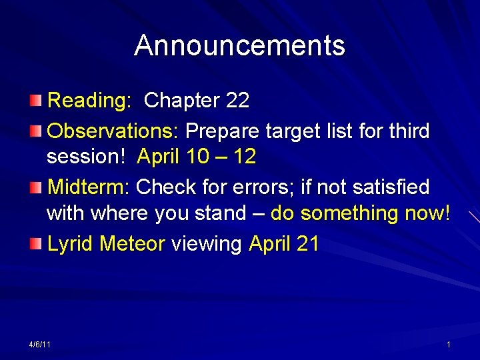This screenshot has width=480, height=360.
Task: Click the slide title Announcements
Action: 239,46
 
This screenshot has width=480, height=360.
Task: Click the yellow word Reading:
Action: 90,101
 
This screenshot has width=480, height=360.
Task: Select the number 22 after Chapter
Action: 237,101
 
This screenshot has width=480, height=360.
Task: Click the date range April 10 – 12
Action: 197,157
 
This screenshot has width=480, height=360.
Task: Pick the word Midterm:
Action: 88,187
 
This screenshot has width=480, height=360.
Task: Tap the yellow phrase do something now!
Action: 361,214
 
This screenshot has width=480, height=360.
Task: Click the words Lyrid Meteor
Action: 106,244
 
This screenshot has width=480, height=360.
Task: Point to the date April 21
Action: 284,244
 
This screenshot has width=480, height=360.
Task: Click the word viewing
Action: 207,244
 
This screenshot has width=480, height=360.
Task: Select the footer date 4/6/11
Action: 41,344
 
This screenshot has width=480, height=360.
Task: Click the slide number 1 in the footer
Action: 449,344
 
